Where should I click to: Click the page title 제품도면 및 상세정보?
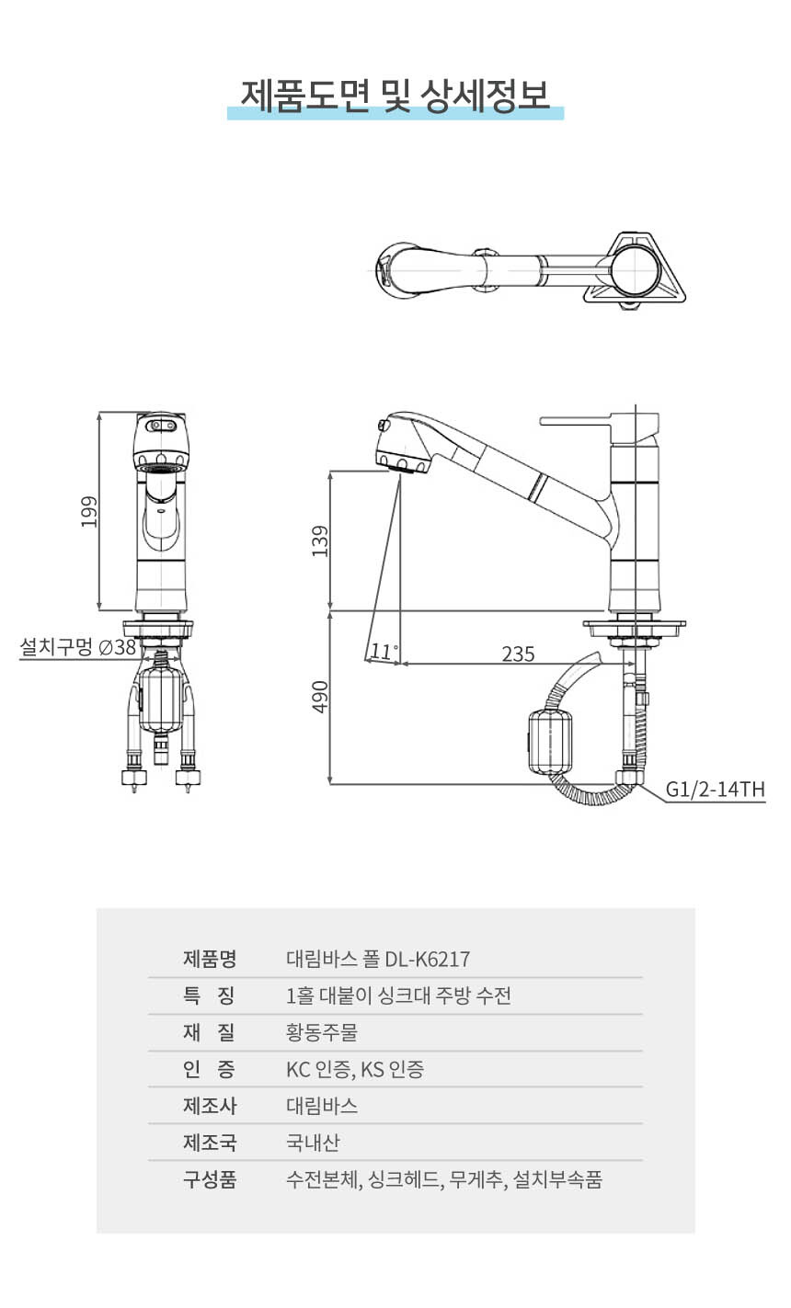[395, 95]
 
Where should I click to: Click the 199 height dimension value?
[88, 512]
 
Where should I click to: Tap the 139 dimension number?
[320, 540]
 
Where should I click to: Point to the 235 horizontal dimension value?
[518, 654]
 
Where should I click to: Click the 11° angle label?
[384, 652]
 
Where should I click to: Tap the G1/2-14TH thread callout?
[715, 789]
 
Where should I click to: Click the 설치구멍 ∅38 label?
[78, 647]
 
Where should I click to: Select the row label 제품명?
[210, 959]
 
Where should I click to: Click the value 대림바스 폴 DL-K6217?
[378, 959]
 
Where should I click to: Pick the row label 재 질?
[210, 1032]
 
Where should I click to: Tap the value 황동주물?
[322, 1032]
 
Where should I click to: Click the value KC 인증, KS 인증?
[355, 1069]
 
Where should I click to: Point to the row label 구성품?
[210, 1179]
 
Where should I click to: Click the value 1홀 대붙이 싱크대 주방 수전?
[398, 995]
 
